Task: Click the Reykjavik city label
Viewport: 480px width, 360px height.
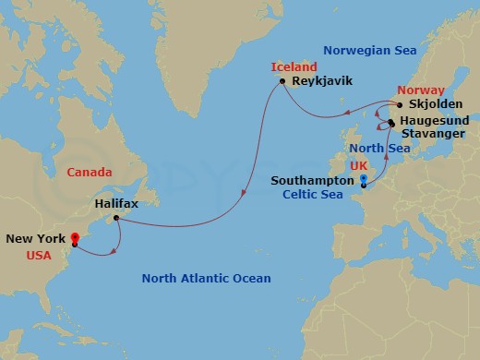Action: click(322, 81)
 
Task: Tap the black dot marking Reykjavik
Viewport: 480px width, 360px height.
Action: click(282, 81)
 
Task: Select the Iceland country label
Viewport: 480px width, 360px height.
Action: click(294, 67)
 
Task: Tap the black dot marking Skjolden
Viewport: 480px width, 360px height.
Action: click(400, 104)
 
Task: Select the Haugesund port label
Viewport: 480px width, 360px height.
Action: click(437, 120)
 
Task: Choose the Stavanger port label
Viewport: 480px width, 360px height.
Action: click(434, 134)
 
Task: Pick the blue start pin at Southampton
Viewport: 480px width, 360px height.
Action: click(364, 180)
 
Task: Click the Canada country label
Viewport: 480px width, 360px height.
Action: click(89, 172)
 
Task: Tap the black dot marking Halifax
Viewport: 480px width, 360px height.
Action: click(115, 218)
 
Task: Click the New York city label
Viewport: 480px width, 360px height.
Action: click(35, 238)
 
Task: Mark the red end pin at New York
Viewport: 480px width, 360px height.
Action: click(74, 240)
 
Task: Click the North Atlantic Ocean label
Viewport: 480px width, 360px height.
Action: click(206, 278)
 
